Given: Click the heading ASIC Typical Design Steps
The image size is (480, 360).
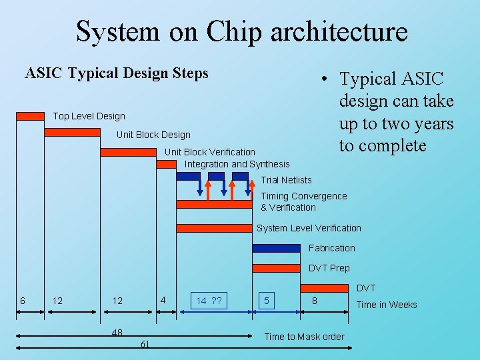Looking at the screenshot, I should pos(117,73).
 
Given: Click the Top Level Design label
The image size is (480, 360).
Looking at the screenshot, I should pos(89,116).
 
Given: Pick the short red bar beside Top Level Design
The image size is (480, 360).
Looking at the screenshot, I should pos(30,116).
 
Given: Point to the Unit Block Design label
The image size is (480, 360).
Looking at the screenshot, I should pos(153,135).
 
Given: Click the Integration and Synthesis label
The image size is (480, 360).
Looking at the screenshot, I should pos(237,164).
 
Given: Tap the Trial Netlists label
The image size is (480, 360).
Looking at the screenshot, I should pos(286,180).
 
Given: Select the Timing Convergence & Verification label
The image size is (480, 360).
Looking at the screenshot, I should pos(303,201).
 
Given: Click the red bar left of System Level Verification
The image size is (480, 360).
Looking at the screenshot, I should pos(214,228).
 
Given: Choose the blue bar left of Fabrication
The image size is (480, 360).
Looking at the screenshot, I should pos(276,248).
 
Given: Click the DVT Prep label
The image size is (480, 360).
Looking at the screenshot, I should pos(329,268).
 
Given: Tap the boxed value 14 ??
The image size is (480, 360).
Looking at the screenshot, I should pos(209,301).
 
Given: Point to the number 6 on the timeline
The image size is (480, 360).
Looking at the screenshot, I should pos(23,301).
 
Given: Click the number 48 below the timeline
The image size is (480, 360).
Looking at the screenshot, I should pos(117,332).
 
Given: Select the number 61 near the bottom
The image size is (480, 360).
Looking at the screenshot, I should pos(145,344).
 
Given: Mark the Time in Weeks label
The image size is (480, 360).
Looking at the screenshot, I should pos(387,305).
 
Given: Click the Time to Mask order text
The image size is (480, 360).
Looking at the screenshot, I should pos(304,337).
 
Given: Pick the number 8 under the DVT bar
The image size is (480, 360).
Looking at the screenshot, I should pos(315,301).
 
